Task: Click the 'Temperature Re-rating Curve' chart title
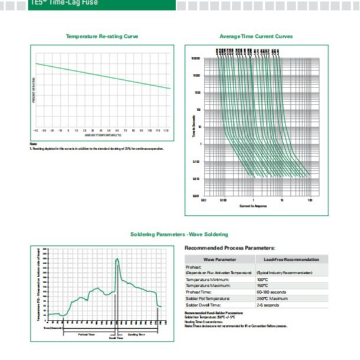[x=102, y=36]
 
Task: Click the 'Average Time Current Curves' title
[x=256, y=36]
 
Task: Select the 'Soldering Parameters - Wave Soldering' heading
[x=179, y=235]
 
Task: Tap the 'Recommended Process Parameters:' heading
[x=229, y=248]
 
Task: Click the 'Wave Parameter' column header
[x=220, y=259]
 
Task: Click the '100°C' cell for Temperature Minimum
[x=263, y=279]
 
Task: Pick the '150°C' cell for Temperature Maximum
[x=263, y=286]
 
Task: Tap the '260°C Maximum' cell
[x=272, y=299]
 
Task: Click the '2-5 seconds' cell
[x=268, y=305]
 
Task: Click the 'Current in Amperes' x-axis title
[x=253, y=206]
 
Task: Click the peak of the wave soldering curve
[x=117, y=258]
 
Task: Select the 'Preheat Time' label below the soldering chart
[x=86, y=335]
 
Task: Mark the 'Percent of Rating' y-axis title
[x=34, y=89]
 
